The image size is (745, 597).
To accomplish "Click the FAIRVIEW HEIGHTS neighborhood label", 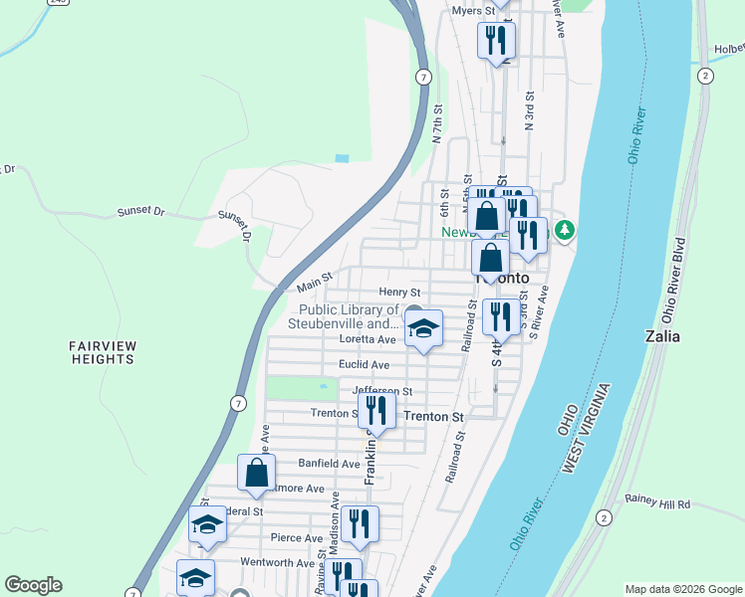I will pos(103,352).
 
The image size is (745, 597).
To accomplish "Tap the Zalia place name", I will pos(662,335).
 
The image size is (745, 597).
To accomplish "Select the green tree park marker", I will pos(565,231).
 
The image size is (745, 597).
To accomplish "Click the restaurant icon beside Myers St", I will pos(495,41).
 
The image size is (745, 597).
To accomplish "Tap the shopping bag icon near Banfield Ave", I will pos(256,474).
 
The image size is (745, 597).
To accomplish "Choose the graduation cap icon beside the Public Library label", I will pos(423,329).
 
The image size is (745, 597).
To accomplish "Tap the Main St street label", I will pos(315,287).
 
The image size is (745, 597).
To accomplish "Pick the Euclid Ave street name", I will pos(364,365).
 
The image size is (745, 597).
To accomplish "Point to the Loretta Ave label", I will pos(368,339).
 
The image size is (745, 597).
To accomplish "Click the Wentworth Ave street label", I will pos(278,562).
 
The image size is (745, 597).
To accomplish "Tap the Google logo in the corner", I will pos(33,585).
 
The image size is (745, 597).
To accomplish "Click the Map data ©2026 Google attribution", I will pos(682,589).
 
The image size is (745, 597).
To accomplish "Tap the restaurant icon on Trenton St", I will pos(376,409).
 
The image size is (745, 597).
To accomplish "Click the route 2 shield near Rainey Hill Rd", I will pos(603,517).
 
